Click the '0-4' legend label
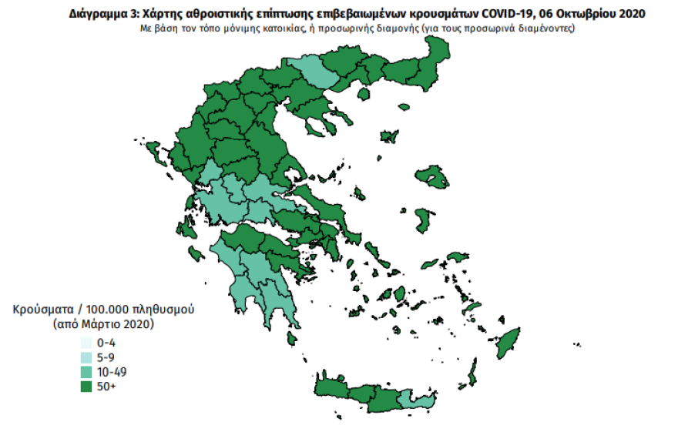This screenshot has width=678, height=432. (106, 343)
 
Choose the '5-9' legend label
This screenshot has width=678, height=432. (106, 357)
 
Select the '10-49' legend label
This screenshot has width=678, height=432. (110, 372)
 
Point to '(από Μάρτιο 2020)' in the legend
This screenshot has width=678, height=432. (103, 324)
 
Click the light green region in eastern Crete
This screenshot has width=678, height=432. (417, 400)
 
